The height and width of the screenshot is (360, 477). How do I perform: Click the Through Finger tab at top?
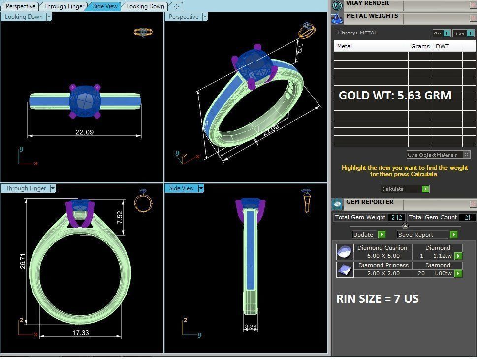click(64, 6)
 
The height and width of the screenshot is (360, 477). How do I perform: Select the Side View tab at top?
click(105, 6)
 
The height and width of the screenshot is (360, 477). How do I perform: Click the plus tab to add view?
click(176, 6)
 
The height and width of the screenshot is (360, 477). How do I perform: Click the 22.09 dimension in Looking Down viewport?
click(84, 132)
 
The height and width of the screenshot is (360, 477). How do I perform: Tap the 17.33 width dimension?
click(80, 333)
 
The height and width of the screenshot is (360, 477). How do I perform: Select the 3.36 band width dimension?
click(250, 327)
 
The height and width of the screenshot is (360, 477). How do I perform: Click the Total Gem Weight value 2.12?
click(397, 217)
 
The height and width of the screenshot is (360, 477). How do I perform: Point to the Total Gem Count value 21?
click(467, 217)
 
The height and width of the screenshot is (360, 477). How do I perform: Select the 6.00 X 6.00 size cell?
click(383, 256)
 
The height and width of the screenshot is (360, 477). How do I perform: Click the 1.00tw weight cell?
click(442, 273)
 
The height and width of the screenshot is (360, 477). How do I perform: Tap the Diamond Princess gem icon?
click(344, 269)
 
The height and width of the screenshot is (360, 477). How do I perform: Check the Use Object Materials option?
click(466, 155)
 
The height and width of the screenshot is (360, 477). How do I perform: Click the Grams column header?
click(420, 46)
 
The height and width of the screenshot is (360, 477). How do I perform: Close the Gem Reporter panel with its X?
click(473, 203)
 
